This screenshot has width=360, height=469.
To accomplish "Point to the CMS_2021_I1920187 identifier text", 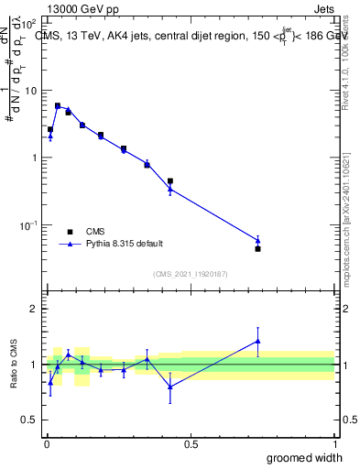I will (190, 274).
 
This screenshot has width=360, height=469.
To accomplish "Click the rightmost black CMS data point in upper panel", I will (258, 248).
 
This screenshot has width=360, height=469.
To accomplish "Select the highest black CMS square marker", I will (58, 106).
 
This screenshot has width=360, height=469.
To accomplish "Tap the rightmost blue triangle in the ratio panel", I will (258, 341).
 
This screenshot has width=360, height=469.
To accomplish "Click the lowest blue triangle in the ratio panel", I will (170, 387).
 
